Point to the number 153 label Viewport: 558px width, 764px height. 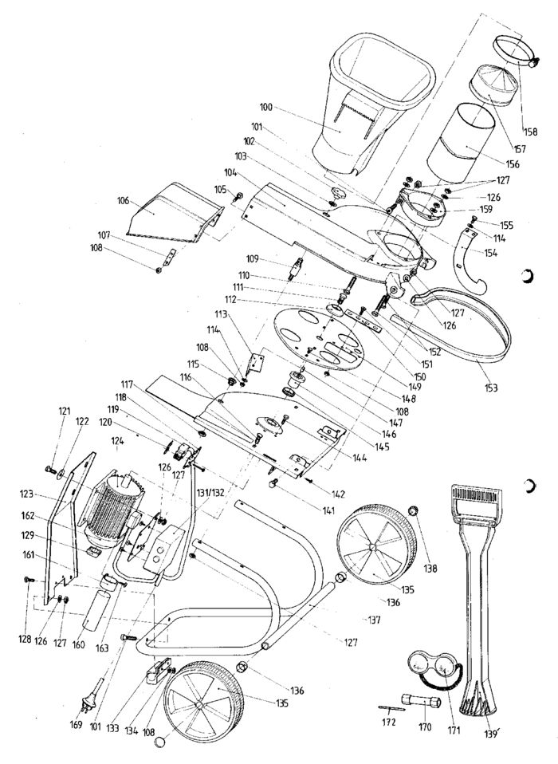pyautogui.click(x=490, y=388)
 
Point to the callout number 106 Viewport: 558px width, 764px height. pyautogui.click(x=124, y=201)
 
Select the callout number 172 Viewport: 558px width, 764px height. pyautogui.click(x=388, y=722)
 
